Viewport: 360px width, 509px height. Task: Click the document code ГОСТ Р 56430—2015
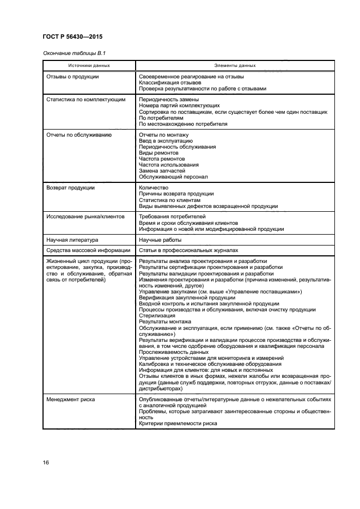[72, 36]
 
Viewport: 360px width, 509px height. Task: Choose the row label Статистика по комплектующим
[86, 100]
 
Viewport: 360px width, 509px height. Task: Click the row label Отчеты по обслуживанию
[80, 134]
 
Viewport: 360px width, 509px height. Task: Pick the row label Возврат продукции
[71, 188]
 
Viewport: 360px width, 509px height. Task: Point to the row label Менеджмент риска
[71, 400]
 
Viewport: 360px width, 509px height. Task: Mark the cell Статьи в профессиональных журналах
[188, 250]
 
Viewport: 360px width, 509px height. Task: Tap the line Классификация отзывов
[170, 83]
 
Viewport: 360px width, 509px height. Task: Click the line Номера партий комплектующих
[179, 106]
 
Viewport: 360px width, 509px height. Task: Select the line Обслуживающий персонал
[173, 177]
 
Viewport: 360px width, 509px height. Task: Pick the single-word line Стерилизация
[157, 316]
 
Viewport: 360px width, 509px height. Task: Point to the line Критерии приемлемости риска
[178, 424]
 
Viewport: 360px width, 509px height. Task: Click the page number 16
[46, 463]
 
